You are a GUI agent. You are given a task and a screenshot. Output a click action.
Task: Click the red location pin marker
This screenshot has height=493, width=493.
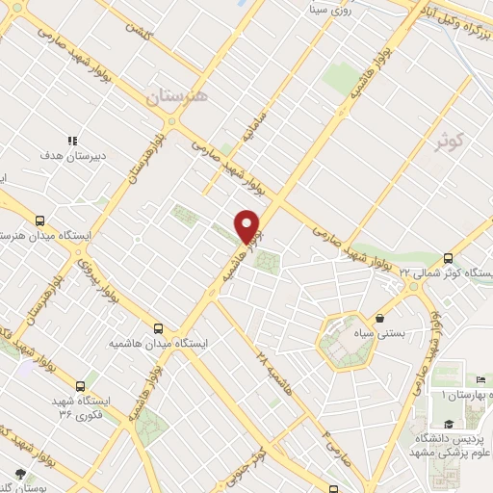pos(248,225)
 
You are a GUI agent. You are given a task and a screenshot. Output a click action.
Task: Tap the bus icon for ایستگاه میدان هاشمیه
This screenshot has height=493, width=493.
pos(159,328)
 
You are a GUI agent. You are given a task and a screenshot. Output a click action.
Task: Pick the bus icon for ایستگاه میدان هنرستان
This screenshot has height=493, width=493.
pos(39,221)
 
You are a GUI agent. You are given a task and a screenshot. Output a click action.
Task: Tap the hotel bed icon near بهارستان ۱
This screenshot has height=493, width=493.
pos(480,381)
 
